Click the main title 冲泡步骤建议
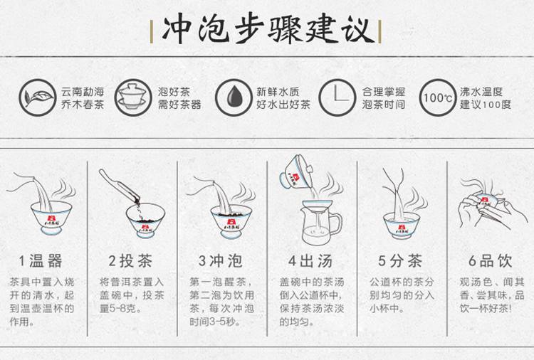266,30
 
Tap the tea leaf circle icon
38,97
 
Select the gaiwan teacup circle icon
133,97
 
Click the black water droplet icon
234,97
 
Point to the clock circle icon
337,97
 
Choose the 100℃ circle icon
438,97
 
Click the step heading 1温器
41,261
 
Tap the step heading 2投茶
130,261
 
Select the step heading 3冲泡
221,261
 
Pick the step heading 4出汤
310,261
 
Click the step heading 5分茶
400,261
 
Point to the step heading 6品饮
491,261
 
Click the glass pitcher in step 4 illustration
320,222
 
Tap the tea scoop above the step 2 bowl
119,186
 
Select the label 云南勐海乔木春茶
83,98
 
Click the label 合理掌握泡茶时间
384,98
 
